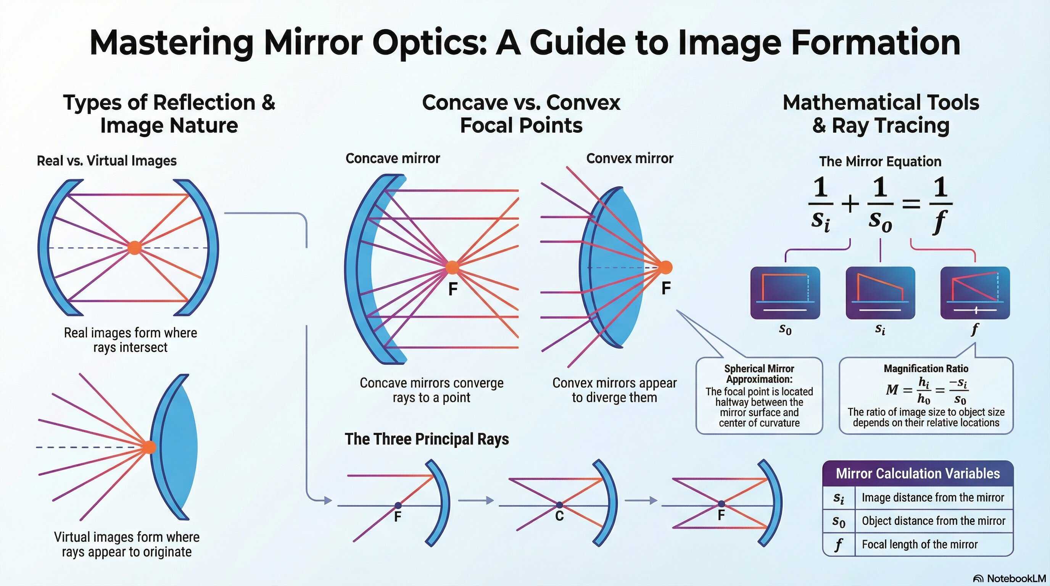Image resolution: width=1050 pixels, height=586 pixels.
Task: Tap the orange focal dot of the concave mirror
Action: click(x=452, y=268)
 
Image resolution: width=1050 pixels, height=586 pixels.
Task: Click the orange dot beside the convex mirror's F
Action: click(x=665, y=267)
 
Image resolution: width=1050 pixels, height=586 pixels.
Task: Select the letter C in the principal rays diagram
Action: click(x=559, y=516)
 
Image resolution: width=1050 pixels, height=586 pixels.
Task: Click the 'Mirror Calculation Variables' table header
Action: click(x=918, y=473)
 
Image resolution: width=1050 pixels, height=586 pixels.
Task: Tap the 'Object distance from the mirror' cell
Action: click(x=933, y=521)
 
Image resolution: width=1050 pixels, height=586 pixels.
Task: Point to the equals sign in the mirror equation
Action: click(x=911, y=203)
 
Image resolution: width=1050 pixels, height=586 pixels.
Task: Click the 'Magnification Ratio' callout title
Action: click(x=926, y=369)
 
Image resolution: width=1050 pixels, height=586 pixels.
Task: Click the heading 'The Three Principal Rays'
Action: click(x=427, y=439)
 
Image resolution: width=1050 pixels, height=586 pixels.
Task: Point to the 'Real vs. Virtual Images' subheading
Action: click(x=107, y=161)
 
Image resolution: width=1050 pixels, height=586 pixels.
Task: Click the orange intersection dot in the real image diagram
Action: click(x=135, y=248)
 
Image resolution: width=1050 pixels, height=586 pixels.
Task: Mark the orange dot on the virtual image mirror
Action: click(x=150, y=447)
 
